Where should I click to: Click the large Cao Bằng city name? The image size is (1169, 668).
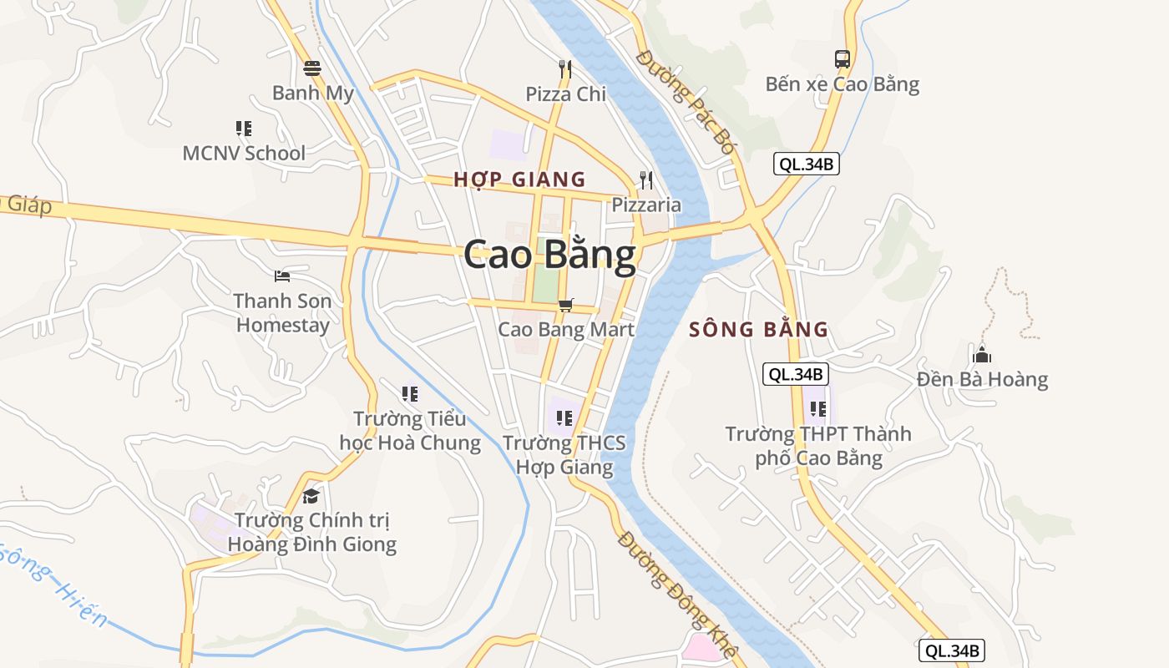(x=549, y=256)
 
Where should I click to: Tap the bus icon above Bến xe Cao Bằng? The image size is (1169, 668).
(x=843, y=59)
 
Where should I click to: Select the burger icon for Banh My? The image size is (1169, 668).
(x=312, y=68)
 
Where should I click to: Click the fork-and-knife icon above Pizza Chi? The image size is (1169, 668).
(x=566, y=69)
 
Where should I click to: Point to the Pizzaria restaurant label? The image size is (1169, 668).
(x=646, y=205)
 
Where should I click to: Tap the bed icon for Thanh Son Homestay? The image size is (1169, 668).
(x=282, y=276)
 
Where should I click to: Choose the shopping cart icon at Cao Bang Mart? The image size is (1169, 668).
(x=566, y=305)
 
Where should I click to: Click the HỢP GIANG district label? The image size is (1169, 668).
(x=519, y=180)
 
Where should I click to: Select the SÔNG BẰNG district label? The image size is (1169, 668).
(x=758, y=330)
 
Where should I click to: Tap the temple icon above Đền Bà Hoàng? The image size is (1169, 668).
(x=982, y=355)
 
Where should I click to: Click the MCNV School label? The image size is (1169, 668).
(x=244, y=153)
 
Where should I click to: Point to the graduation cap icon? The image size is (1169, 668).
(x=311, y=496)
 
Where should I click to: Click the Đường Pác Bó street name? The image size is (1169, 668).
(x=685, y=100)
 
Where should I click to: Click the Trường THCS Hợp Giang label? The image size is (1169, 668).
(x=564, y=454)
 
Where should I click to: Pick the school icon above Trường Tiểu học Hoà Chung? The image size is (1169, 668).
(x=409, y=393)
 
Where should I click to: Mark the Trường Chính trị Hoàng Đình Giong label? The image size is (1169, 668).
(x=311, y=532)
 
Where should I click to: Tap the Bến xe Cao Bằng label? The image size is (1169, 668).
(x=843, y=84)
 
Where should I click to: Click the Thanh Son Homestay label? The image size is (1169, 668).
(x=282, y=312)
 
